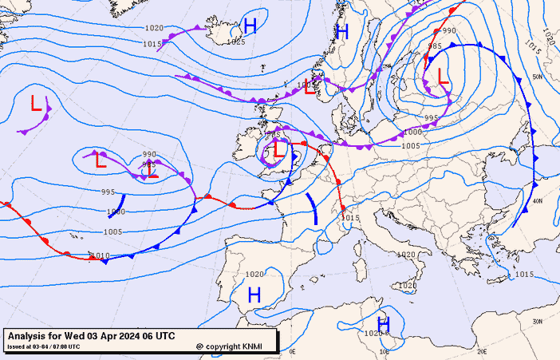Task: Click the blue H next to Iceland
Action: pos(250,26)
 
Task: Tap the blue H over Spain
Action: pos(254,295)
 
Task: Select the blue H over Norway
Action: pos(343,32)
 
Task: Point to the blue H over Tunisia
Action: pos(384,322)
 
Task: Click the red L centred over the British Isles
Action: pos(278,148)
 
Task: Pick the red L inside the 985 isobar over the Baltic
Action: pos(442,77)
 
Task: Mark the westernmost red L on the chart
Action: pos(36,104)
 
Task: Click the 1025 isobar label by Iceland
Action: pos(236,42)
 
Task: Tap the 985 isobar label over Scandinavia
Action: pos(434,46)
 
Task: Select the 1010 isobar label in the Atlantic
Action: pos(100,255)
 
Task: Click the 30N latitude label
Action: pos(538,321)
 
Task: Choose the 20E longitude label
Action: pos(482,351)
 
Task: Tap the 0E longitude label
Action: pos(292,351)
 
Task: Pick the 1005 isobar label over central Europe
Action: pos(410,145)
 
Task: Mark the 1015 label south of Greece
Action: pos(523,275)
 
